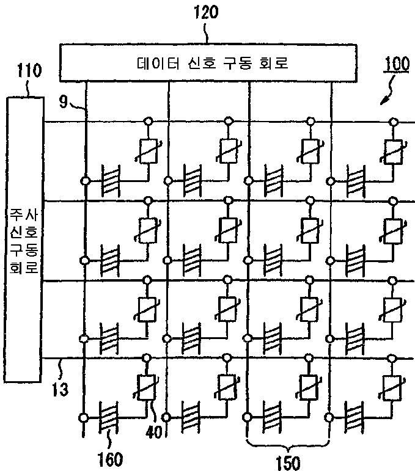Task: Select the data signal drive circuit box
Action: tap(208, 62)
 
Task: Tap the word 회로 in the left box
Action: tap(23, 266)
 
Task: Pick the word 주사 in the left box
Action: tap(23, 215)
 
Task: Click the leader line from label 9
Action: tap(78, 108)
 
